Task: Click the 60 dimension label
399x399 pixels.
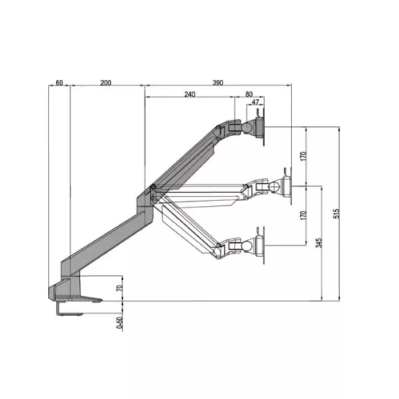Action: (59, 83)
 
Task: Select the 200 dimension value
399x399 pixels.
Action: (106, 83)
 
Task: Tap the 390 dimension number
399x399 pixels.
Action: (217, 83)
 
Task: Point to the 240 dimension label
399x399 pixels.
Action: (189, 94)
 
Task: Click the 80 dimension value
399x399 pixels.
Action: (250, 94)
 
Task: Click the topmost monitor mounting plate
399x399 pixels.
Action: (261, 126)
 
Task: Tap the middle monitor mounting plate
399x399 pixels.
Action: (284, 186)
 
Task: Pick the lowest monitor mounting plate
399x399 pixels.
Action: (261, 244)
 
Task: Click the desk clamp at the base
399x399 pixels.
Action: (72, 299)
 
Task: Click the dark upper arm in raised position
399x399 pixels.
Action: (188, 156)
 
